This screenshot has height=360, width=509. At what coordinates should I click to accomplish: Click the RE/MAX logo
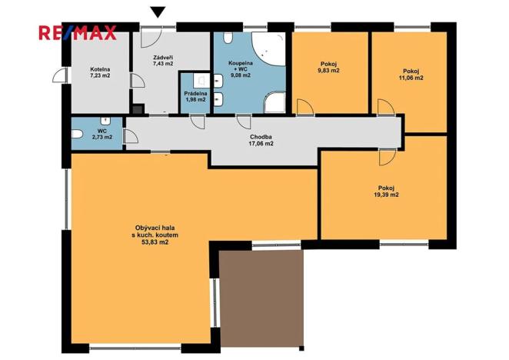tap(77, 33)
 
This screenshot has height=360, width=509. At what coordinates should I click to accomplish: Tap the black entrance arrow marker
tap(158, 12)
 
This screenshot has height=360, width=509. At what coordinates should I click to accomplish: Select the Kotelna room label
tap(100, 72)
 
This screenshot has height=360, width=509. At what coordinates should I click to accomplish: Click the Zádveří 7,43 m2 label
tap(163, 61)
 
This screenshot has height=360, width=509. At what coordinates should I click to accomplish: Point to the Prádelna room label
tap(195, 96)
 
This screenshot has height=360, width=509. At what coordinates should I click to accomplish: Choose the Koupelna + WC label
tap(241, 69)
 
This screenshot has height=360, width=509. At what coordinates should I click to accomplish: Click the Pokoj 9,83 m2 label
tap(329, 67)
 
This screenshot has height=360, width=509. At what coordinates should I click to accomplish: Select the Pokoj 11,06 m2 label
tap(411, 75)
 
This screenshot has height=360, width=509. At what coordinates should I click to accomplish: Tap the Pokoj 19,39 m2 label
tap(386, 192)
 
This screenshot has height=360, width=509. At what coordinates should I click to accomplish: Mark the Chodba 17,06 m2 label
tap(261, 140)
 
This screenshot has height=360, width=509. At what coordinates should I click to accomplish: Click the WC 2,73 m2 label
tap(102, 134)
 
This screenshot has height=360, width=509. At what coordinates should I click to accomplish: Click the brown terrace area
tap(261, 298)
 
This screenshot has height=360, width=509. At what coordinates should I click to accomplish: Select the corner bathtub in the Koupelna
tap(269, 48)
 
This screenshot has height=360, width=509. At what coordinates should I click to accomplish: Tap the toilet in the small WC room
tap(78, 134)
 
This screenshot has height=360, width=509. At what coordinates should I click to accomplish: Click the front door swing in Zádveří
tap(150, 38)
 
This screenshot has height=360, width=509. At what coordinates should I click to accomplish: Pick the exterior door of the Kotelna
tap(60, 75)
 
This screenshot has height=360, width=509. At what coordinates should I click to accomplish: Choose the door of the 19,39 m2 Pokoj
tap(387, 157)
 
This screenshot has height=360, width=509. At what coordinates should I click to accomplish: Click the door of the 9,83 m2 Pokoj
tap(305, 107)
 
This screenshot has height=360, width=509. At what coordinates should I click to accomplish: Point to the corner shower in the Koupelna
tap(275, 102)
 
